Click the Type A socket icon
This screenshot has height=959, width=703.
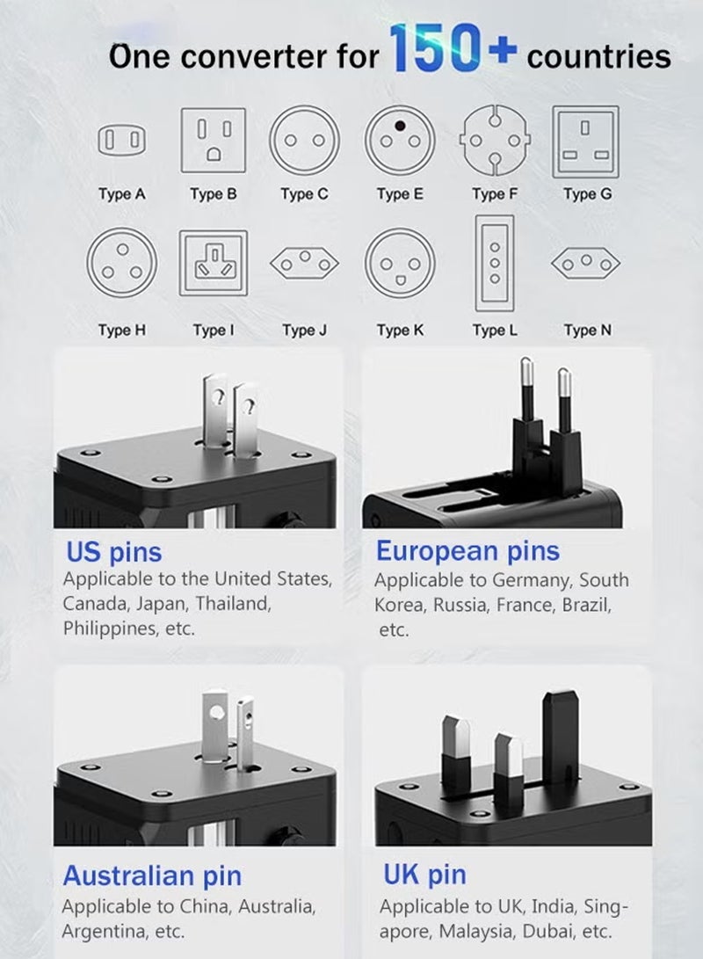121,140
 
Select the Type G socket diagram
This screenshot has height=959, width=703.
585,141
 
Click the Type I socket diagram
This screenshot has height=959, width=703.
213,263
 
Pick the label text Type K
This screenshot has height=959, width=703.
400,331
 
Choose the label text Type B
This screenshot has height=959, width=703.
213,194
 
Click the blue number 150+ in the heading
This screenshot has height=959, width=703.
452,51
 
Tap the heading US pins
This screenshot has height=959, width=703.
114,553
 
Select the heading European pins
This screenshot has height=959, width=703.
467,551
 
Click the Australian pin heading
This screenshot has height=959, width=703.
152,875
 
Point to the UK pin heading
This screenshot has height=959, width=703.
424,875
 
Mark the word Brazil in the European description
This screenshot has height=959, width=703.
583,605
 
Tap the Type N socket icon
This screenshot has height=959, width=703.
585,262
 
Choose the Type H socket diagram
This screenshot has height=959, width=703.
121,263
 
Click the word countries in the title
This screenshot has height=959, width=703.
598,57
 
